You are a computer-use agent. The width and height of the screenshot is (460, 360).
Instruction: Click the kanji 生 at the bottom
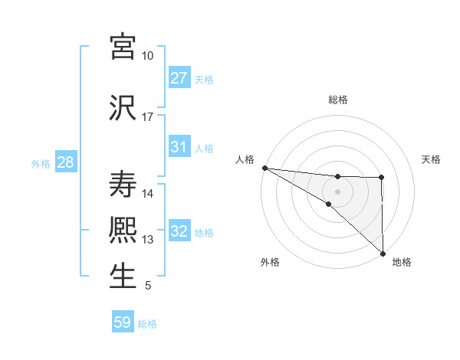123,277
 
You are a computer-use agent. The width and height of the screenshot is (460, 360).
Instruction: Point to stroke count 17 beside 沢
147,117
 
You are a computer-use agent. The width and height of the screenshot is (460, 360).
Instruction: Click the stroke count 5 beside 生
147,286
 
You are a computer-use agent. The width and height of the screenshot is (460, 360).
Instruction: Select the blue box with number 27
179,78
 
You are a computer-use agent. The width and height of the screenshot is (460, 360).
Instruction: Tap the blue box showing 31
179,147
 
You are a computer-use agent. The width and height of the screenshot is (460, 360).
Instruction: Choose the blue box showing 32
179,231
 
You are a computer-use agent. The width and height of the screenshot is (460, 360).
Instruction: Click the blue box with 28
64,162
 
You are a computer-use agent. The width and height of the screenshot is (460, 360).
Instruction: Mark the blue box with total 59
122,322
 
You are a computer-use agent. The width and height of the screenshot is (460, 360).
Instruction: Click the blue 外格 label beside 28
40,163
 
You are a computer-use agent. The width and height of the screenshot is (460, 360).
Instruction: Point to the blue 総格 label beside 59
147,324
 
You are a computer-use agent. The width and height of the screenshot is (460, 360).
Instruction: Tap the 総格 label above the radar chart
337,100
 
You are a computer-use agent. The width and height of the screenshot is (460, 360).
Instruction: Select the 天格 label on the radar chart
431,159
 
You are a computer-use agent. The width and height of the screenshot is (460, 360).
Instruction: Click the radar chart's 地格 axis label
401,262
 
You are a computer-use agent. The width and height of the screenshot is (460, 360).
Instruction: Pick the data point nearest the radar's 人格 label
264,168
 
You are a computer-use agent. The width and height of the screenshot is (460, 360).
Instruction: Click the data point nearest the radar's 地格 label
382,253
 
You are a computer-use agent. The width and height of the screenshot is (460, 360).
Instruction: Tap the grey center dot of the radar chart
337,191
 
